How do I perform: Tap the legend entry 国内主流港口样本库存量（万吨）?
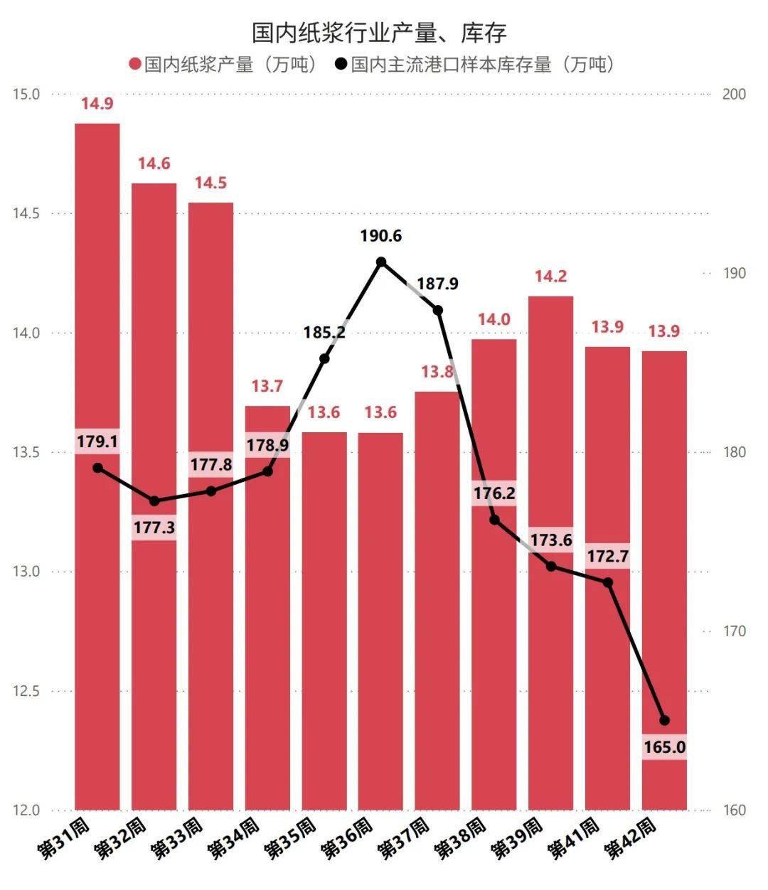475,65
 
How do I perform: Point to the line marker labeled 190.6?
381,262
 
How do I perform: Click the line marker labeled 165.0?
664,720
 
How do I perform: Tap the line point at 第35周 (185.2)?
324,358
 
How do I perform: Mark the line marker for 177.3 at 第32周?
154,501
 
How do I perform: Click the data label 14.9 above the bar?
97,104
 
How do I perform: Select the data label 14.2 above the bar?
550,277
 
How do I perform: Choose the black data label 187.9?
437,284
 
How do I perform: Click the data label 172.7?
607,556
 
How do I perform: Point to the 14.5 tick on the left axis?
26,213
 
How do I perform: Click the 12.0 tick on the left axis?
26,810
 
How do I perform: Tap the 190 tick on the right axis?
734,274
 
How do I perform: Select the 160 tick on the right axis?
734,810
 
